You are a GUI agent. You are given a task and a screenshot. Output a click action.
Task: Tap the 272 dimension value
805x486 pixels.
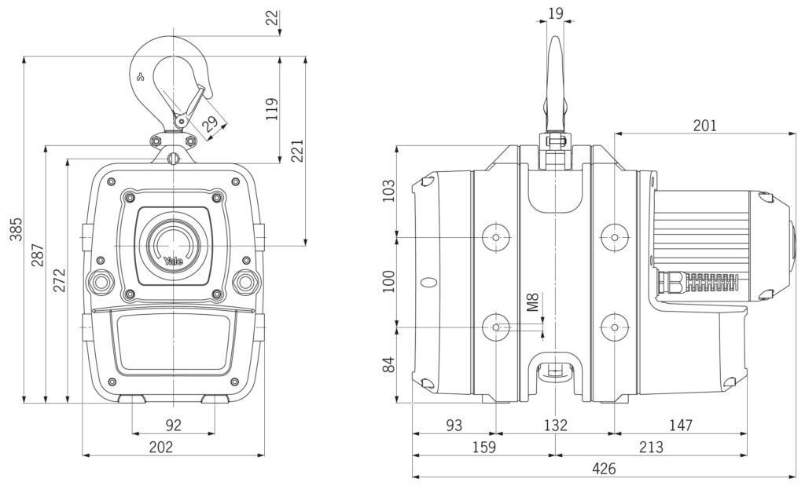coord(59,280)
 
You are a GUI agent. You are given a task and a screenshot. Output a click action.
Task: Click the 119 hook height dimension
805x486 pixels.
coord(271,110)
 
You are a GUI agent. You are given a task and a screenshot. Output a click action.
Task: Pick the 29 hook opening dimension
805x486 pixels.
coord(210,123)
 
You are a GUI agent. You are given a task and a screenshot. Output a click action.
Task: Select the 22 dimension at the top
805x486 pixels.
coord(272,17)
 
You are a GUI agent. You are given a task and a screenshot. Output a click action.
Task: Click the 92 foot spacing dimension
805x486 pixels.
coord(174,426)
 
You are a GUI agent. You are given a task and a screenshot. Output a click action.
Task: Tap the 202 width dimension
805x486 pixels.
coord(172,448)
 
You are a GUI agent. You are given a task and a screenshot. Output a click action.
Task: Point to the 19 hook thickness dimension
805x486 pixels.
coord(555,13)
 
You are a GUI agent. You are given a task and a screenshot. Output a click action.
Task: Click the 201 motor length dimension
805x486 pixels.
coord(704,126)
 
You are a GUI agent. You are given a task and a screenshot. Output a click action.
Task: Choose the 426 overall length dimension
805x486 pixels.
coord(604,469)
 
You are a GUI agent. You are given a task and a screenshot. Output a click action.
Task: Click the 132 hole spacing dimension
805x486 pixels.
coord(555,426)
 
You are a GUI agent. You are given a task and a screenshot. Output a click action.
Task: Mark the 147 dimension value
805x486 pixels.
coord(680,426)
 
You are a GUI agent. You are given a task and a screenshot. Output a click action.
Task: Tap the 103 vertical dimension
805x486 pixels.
coord(388,191)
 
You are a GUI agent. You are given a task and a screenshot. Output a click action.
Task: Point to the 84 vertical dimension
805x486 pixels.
coord(388,364)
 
